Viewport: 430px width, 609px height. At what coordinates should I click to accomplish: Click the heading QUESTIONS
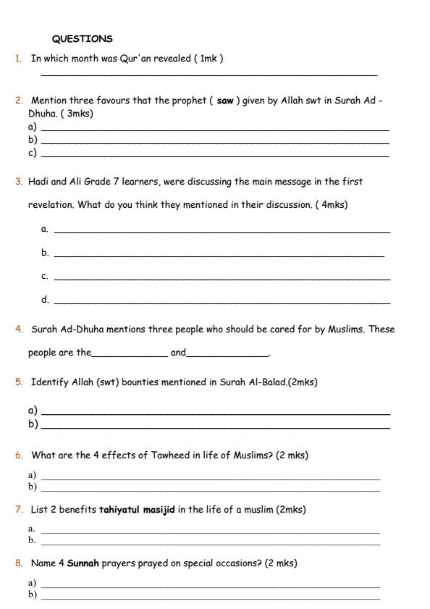pos(83,38)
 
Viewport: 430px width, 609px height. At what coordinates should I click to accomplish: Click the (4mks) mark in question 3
pos(331,204)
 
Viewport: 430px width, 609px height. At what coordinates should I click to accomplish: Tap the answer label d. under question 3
pos(45,299)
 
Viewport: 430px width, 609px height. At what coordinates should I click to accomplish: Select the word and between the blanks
pos(177,353)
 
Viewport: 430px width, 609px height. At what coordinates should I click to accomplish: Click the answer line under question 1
pos(209,75)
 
